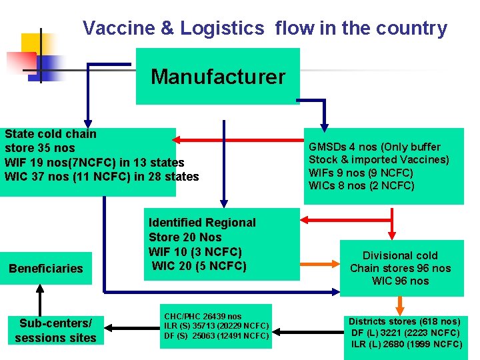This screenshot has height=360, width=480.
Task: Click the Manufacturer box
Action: [x=218, y=77]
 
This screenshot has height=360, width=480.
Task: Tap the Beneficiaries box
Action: [x=46, y=269]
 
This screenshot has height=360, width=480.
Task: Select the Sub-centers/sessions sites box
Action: [x=55, y=330]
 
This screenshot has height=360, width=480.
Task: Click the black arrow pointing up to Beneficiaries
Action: [x=40, y=296]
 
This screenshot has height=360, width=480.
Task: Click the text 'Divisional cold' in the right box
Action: [x=400, y=255]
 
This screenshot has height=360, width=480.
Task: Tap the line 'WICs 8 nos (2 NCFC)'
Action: [x=361, y=185]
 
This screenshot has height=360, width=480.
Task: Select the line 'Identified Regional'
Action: [x=202, y=223]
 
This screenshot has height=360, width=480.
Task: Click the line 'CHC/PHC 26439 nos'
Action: [x=203, y=316]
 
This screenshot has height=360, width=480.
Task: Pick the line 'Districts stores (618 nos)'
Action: [x=405, y=321]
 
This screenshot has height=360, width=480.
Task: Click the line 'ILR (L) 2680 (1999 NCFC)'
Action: [x=407, y=344]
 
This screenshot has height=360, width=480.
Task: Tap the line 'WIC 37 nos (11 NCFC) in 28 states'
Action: [x=101, y=177]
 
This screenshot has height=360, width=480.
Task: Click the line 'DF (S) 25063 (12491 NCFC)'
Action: [x=216, y=335]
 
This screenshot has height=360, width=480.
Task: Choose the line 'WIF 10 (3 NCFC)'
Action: [x=195, y=252]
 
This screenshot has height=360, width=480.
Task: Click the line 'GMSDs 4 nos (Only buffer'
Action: [x=374, y=147]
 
